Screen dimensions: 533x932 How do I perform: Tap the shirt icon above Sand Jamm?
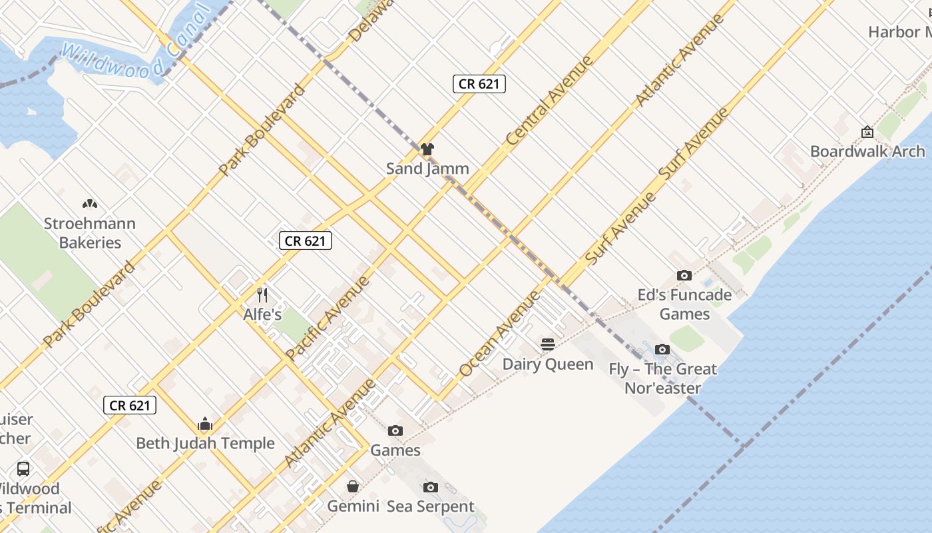427,149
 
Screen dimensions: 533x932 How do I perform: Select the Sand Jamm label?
427,169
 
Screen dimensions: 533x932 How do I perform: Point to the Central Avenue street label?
549,101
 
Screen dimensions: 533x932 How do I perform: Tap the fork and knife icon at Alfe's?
262,294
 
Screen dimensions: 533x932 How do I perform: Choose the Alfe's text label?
262,314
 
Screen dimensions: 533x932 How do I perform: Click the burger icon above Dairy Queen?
548,344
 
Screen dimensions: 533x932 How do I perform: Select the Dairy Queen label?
548,364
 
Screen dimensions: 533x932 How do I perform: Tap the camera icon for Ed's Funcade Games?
684,275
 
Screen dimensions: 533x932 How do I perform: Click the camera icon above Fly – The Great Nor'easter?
662,349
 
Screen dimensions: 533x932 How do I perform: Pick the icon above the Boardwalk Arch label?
867,132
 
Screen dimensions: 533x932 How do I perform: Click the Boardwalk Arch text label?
867,151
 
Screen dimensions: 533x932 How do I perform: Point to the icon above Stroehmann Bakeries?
89,204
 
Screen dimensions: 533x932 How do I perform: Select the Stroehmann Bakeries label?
89,233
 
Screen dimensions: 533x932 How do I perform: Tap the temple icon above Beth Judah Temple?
205,424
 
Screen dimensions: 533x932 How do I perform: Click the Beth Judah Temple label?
205,443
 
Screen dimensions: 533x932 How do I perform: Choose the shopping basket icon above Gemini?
353,487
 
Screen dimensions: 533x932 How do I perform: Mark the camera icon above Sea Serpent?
430,487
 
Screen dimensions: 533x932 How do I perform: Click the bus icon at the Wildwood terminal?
23,468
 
